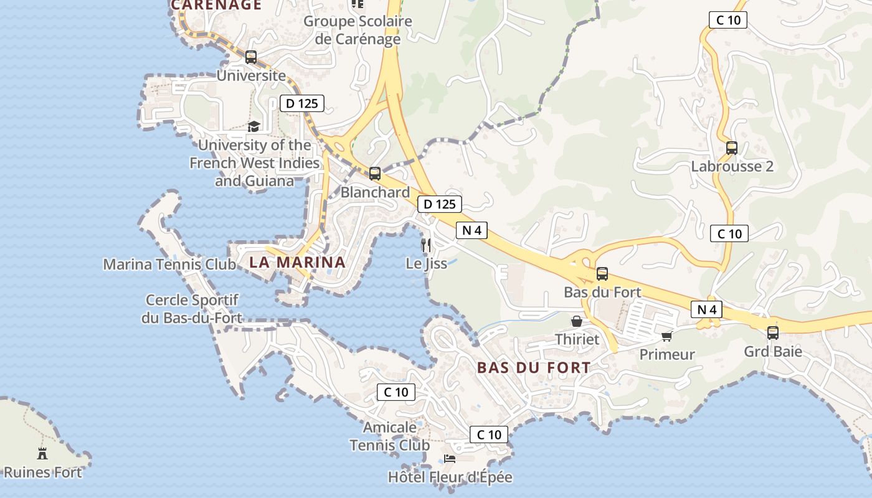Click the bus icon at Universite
tap(251, 57)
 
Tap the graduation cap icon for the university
tap(254, 127)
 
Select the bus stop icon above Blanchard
tap(374, 174)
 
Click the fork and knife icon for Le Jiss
tap(426, 245)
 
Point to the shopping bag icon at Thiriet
tap(577, 321)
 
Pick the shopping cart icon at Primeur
tap(666, 337)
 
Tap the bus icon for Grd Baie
tap(773, 333)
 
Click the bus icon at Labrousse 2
tap(732, 148)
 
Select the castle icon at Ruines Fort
tap(42, 453)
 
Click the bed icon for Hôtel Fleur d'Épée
tap(450, 459)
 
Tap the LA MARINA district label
tap(297, 262)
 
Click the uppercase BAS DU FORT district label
tap(534, 367)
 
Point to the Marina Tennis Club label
tap(169, 264)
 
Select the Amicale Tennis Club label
tap(389, 436)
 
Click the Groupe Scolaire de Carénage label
tap(358, 30)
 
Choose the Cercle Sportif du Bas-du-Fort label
tap(191, 309)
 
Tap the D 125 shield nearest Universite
tap(302, 103)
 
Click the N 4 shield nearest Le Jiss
tap(472, 230)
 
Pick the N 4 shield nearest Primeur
tap(706, 309)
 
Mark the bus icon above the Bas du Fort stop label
tap(602, 273)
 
